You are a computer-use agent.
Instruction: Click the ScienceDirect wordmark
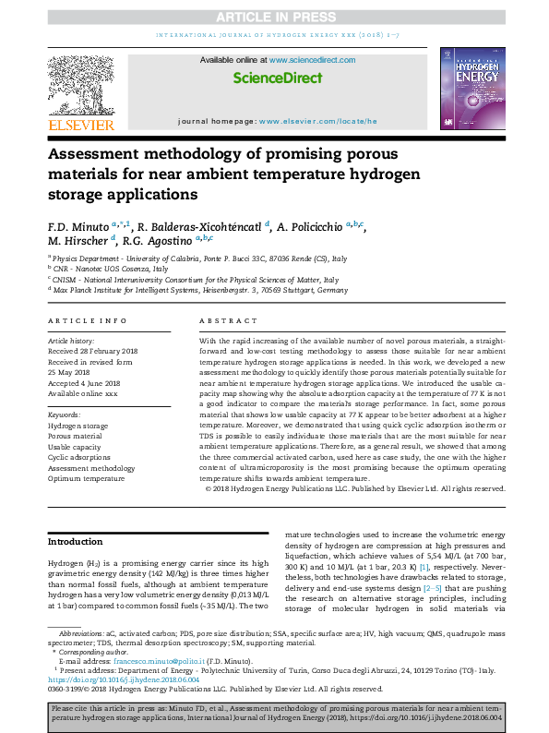274,78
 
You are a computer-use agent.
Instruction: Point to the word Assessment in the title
101,154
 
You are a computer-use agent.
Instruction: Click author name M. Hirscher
79,243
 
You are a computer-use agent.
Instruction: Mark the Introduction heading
75,542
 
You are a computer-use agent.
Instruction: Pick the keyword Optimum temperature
87,479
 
